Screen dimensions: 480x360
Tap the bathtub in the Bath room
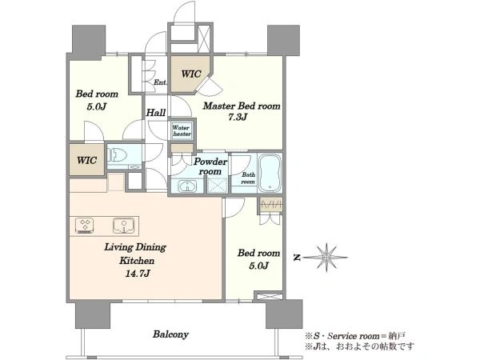tap(270, 173)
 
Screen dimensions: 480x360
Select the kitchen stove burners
tap(84, 226)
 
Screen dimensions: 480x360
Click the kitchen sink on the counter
tap(123, 226)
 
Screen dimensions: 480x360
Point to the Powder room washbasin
tap(187, 186)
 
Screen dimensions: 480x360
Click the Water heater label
tap(182, 130)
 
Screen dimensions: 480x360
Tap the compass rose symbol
tap(326, 258)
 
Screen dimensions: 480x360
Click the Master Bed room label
tap(242, 106)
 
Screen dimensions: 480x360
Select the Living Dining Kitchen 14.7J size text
tap(137, 273)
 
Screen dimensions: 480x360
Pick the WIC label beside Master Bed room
tap(191, 74)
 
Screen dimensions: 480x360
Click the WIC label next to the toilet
tap(86, 160)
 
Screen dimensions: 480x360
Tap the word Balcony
tap(170, 334)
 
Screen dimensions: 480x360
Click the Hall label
tap(156, 113)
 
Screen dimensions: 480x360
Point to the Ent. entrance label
tap(160, 82)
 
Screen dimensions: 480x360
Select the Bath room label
tap(248, 178)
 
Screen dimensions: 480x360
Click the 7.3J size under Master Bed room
tap(238, 117)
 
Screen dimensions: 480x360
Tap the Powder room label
tap(210, 166)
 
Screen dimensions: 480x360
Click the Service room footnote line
tap(355, 336)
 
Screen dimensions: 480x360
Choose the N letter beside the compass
tap(297, 258)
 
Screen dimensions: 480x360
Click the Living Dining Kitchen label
tap(135, 254)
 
